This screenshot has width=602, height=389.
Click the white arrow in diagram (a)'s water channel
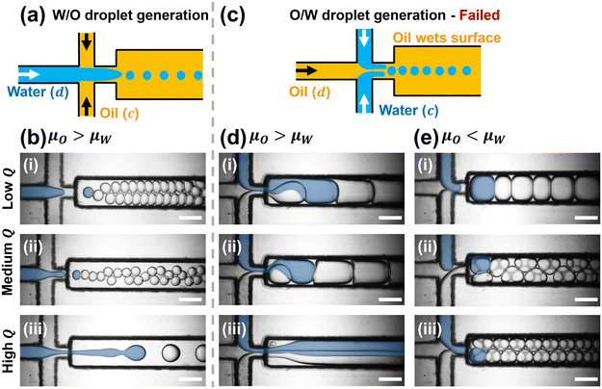click(33, 72)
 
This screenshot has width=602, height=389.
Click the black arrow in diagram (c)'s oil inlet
click(306, 70)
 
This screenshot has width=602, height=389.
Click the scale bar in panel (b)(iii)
click(190, 378)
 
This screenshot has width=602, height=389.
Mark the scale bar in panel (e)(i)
click(581, 218)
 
